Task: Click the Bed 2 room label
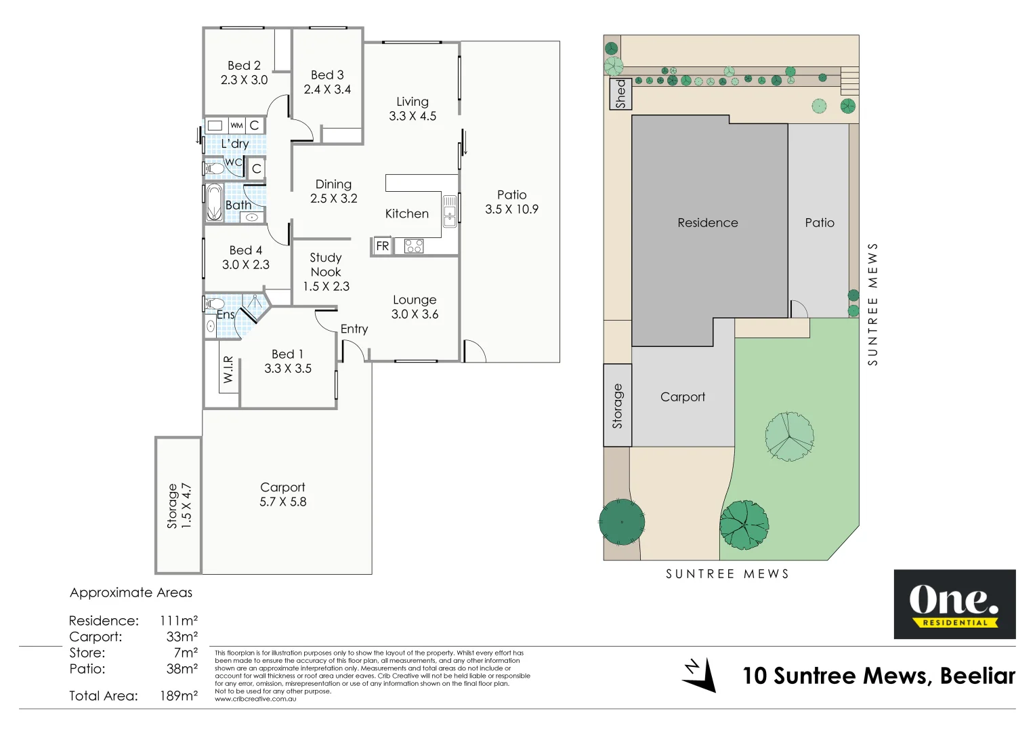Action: (244, 66)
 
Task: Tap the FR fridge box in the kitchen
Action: (382, 246)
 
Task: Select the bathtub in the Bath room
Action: (214, 202)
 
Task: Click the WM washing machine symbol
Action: (236, 125)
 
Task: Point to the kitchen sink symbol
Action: (450, 209)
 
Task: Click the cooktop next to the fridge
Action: (414, 246)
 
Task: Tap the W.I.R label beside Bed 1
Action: (228, 369)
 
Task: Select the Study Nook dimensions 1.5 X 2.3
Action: (326, 286)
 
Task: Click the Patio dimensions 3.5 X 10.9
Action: (511, 209)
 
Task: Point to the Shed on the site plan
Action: (620, 94)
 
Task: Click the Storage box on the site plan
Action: (617, 405)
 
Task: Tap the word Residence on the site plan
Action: (708, 223)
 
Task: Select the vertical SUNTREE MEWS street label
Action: (872, 304)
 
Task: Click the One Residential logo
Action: (954, 604)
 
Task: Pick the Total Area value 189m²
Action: (179, 696)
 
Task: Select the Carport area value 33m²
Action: (182, 637)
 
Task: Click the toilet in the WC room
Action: (215, 168)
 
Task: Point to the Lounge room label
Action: (415, 300)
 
